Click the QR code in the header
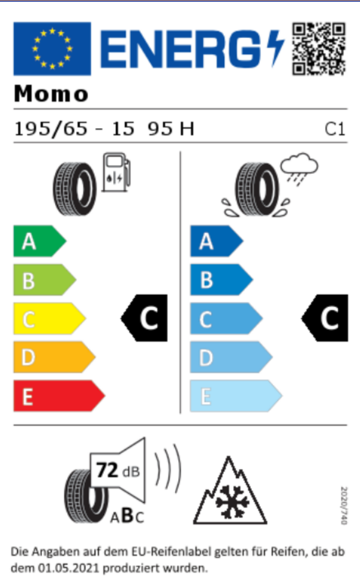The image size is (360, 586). point(319,49)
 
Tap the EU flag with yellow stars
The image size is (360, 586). point(52,49)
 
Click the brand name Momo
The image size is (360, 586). point(51,94)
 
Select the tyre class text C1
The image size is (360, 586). point(335,129)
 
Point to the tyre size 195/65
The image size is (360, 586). point(51,129)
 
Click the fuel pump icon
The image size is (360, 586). point(117,172)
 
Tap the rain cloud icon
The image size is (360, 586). point(299,168)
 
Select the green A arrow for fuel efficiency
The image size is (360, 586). point(40,241)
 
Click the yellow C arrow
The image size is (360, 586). point(49,319)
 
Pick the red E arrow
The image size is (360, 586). point(59,396)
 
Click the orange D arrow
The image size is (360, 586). point(54,357)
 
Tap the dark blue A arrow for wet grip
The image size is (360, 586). point(217,241)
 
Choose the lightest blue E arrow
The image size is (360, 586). point(236,396)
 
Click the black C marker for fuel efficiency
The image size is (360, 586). point(145,318)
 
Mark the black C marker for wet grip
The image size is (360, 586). point(325,318)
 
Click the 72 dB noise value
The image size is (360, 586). point(118,471)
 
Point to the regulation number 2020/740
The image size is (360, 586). point(344,505)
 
